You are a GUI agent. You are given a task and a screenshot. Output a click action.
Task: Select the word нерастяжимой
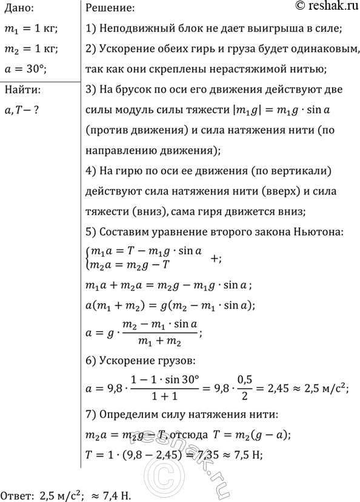pyautogui.click(x=245, y=69)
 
